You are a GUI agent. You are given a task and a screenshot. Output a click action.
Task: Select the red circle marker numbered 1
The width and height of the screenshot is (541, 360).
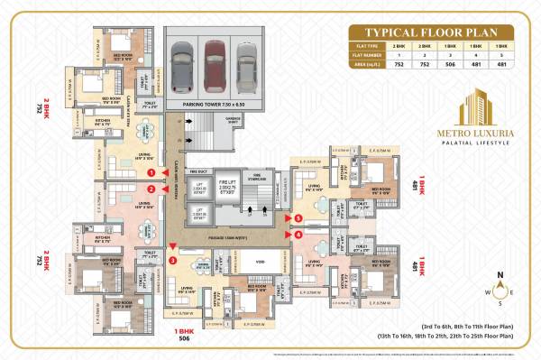click(152, 171)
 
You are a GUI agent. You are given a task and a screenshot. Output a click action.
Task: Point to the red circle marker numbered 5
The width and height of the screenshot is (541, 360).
click(298, 218)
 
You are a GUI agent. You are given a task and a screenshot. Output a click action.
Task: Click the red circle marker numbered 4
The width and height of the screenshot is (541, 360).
click(298, 235)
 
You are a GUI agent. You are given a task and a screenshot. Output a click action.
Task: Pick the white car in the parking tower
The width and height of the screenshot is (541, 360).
click(245, 62)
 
